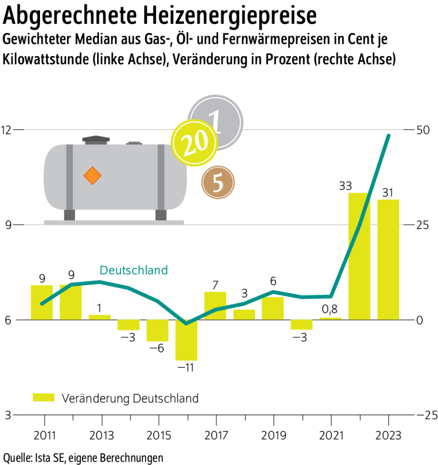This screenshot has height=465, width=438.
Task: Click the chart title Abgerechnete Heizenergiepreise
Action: (x=159, y=16)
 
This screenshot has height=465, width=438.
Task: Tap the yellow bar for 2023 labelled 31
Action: (x=388, y=259)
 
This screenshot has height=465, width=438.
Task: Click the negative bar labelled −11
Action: (x=186, y=340)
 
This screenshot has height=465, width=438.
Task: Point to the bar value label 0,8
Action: (x=330, y=309)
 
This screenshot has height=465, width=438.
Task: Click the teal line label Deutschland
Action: (x=134, y=270)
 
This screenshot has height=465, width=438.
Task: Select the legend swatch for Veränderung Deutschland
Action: (x=44, y=398)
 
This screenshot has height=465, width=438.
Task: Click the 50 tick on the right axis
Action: (x=422, y=129)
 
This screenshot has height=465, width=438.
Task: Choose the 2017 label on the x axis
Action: (x=216, y=435)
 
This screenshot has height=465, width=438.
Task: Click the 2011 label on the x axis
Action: (x=44, y=435)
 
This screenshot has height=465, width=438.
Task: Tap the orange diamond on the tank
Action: (x=92, y=176)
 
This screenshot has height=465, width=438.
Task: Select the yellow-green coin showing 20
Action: (x=190, y=142)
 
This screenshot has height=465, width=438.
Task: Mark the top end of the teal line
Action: (x=388, y=136)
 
